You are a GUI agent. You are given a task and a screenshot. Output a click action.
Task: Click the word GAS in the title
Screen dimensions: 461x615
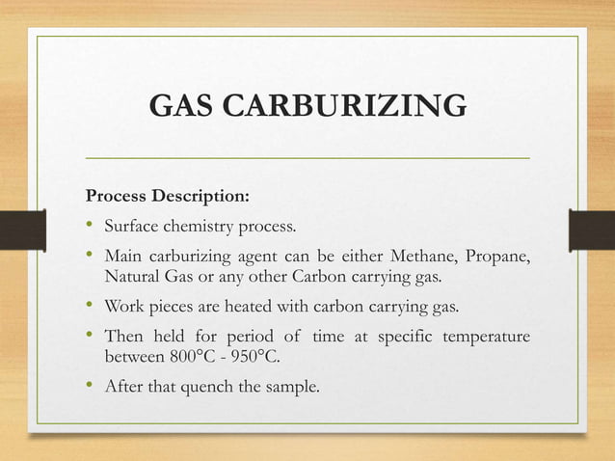(182, 107)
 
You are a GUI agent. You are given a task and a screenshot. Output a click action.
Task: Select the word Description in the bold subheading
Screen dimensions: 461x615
(201, 197)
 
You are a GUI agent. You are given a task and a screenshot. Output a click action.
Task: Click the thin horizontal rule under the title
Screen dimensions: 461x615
(307, 155)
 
